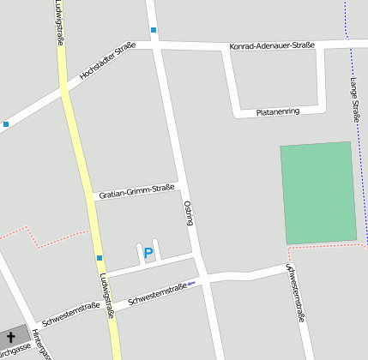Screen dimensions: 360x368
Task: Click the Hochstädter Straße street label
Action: pyautogui.click(x=107, y=63)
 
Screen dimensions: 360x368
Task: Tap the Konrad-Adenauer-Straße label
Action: pyautogui.click(x=272, y=45)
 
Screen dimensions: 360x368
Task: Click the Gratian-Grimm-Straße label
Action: pyautogui.click(x=136, y=190)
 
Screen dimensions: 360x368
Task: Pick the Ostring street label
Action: pyautogui.click(x=188, y=213)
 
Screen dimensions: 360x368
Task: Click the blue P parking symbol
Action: pyautogui.click(x=148, y=253)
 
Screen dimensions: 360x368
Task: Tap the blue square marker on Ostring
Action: pyautogui.click(x=154, y=31)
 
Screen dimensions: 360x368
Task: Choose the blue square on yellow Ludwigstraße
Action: pyautogui.click(x=100, y=257)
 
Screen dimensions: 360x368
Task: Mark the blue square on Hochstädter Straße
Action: pyautogui.click(x=6, y=124)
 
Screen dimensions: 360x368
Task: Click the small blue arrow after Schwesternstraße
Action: pyautogui.click(x=192, y=283)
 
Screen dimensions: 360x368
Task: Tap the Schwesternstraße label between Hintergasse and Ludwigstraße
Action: pyautogui.click(x=70, y=315)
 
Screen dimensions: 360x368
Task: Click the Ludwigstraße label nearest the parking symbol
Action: pyautogui.click(x=106, y=296)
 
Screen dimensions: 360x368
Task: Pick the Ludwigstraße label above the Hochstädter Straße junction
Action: pyautogui.click(x=59, y=27)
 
